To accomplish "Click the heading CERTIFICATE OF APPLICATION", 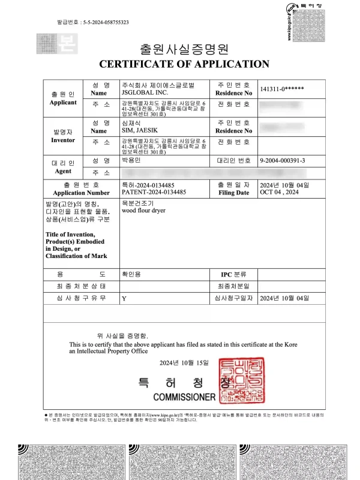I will coord(184,64).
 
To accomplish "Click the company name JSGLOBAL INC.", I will coord(141,93).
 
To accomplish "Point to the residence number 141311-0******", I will coord(281,89).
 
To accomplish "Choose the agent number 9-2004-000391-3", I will coord(283,161).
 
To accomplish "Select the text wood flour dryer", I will coord(144,211).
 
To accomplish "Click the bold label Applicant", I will coord(63,102).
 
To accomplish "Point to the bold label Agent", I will coord(63,171).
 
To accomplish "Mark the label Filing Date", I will coord(233,193).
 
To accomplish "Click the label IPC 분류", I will coord(233,274).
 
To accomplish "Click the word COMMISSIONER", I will coord(184,397).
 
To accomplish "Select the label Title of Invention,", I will coord(70,235).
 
